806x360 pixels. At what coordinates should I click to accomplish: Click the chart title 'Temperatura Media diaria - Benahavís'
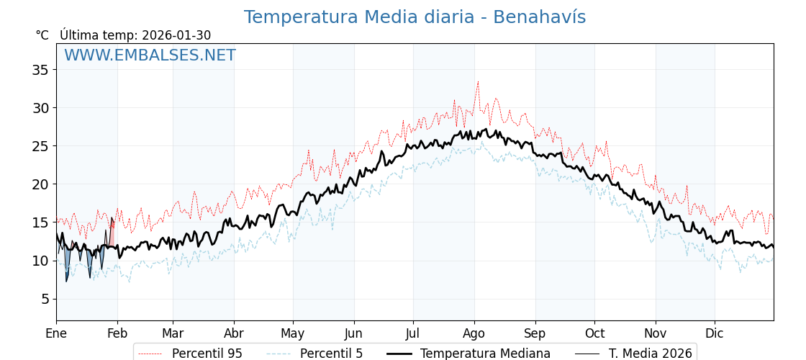point(415,17)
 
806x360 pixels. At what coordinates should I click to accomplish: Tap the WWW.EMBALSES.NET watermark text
point(150,55)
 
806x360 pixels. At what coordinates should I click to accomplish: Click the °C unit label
point(42,35)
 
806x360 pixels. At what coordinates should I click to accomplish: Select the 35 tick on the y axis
point(40,70)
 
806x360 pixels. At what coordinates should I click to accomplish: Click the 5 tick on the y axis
point(45,299)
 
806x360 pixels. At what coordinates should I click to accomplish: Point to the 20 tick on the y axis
point(40,184)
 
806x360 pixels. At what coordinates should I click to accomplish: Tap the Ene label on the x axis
point(56,333)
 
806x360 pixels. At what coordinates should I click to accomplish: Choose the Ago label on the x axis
point(474,333)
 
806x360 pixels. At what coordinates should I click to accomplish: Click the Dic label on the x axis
point(715,333)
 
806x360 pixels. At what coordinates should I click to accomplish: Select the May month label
point(293,333)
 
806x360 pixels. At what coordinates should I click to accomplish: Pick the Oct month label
point(594,333)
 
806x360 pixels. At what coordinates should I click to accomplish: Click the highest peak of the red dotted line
point(477,82)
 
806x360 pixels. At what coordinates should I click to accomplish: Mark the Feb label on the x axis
point(117,333)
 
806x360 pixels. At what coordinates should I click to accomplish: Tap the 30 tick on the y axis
point(40,108)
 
